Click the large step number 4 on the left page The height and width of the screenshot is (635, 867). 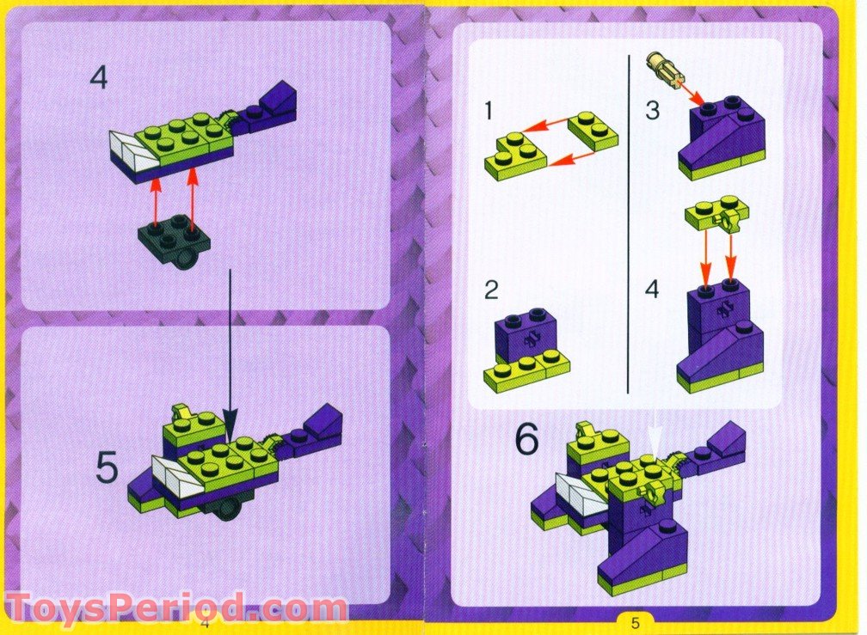99,78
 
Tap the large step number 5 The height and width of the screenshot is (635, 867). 106,468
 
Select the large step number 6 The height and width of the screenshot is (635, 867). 526,439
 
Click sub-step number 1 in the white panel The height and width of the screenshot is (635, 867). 489,112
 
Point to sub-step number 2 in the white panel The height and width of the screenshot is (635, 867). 490,290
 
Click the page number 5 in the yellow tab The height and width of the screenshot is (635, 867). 636,621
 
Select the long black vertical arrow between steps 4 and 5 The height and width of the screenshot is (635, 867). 231,344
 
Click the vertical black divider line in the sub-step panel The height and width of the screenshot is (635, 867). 630,223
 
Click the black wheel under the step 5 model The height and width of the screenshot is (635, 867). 229,510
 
